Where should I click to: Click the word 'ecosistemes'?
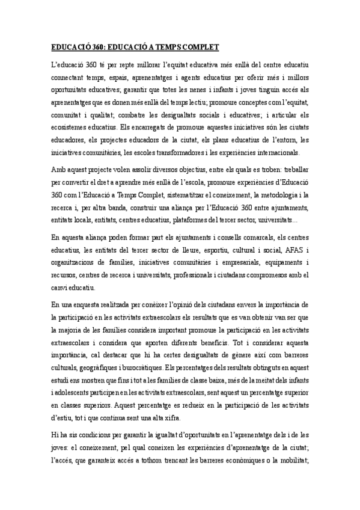69,127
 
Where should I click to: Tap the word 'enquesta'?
90,306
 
